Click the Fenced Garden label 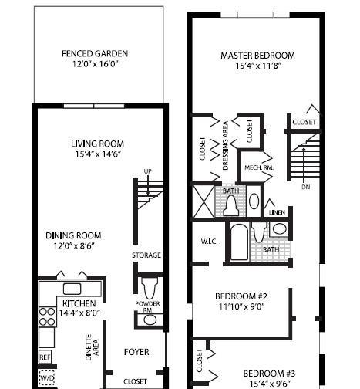pyautogui.click(x=95, y=54)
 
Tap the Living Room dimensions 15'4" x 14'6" pyautogui.click(x=98, y=154)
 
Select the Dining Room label pyautogui.click(x=73, y=235)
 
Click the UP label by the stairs pyautogui.click(x=147, y=171)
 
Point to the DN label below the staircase pyautogui.click(x=306, y=187)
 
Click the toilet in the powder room pyautogui.click(x=150, y=289)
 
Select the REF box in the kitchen pyautogui.click(x=45, y=357)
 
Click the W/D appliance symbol pyautogui.click(x=47, y=377)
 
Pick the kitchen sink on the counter pyautogui.click(x=72, y=289)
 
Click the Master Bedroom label pyautogui.click(x=257, y=56)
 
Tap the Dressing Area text pyautogui.click(x=226, y=146)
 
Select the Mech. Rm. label pyautogui.click(x=259, y=167)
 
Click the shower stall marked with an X pyautogui.click(x=204, y=202)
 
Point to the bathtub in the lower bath pyautogui.click(x=239, y=242)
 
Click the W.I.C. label pyautogui.click(x=210, y=242)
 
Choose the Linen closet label pyautogui.click(x=277, y=212)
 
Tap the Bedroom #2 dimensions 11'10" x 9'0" pyautogui.click(x=242, y=306)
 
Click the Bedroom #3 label pyautogui.click(x=269, y=374)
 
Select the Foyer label pyautogui.click(x=136, y=352)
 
